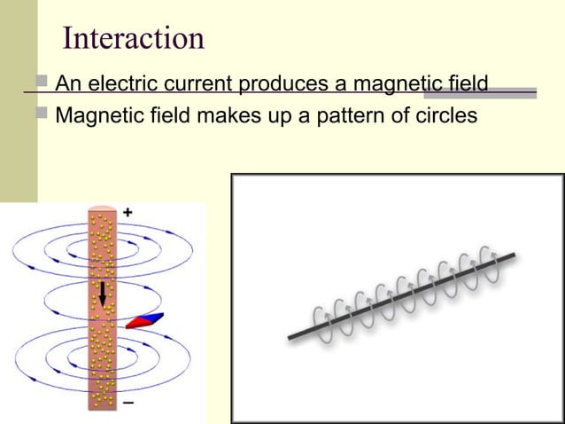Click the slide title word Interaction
[134, 38]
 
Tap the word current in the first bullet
[195, 85]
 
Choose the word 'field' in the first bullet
[464, 85]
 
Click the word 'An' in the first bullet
[67, 85]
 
